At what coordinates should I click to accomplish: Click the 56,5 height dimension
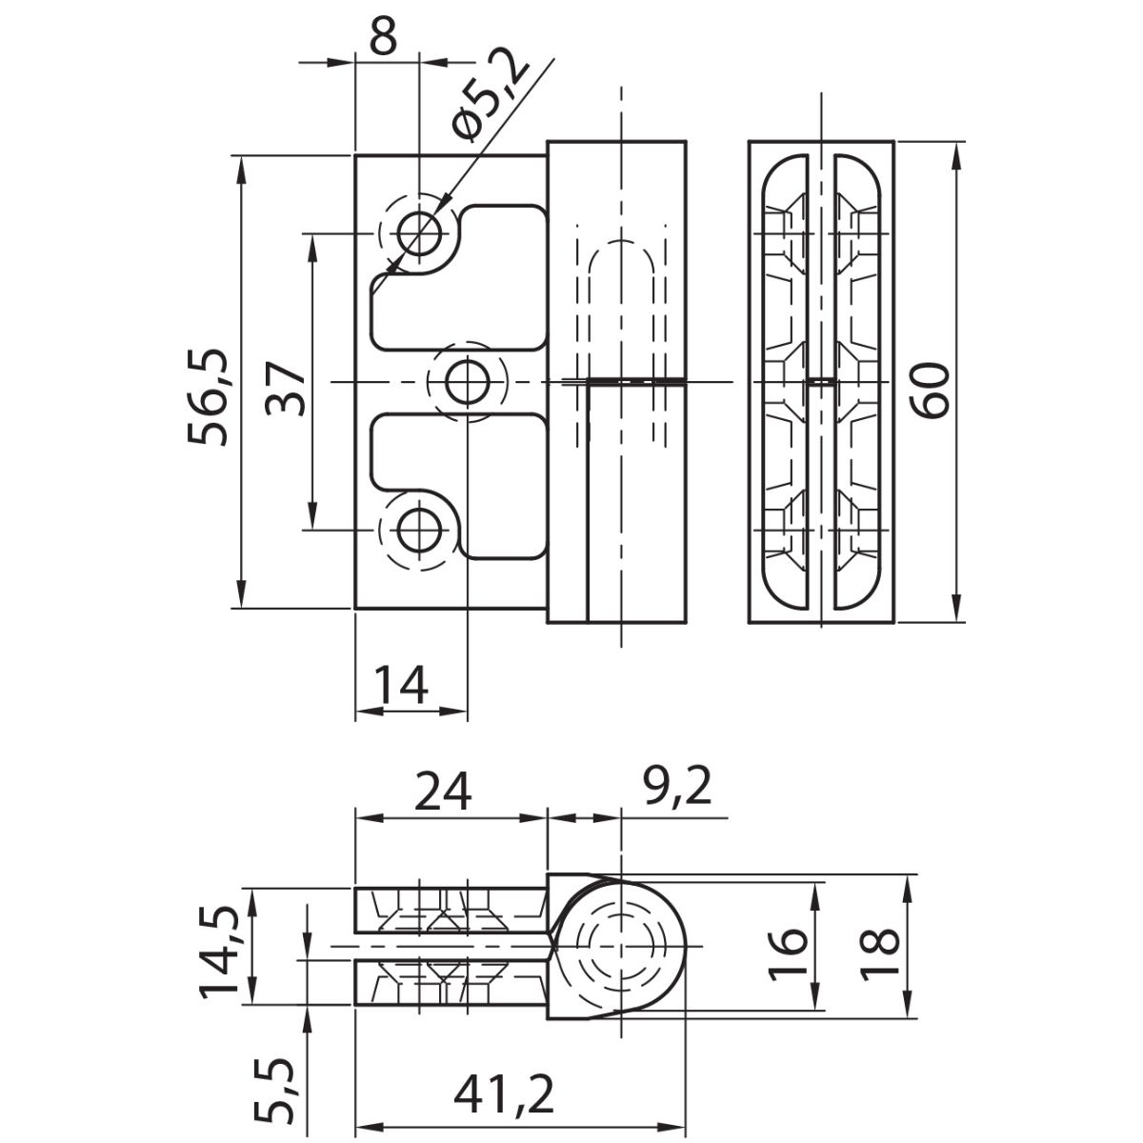(207, 383)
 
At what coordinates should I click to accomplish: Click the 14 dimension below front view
(400, 685)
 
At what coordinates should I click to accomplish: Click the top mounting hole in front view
(419, 231)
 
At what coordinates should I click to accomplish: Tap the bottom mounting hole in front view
(419, 530)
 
